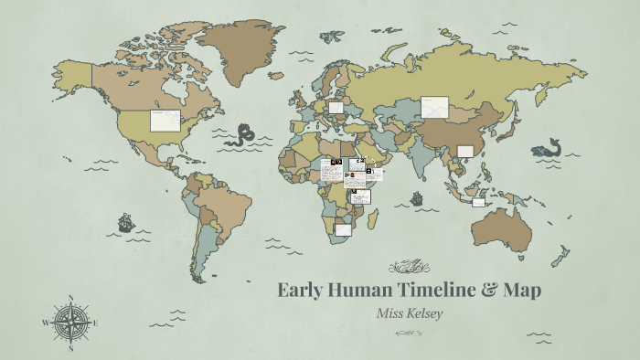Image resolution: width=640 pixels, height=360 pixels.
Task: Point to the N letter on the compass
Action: tap(71, 299)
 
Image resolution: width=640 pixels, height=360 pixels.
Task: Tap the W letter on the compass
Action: tap(46, 323)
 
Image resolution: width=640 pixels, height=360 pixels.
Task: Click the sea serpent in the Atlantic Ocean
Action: tap(242, 135)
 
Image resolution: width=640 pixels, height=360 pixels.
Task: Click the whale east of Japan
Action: tap(549, 147)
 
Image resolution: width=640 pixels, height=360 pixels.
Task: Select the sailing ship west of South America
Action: tap(125, 222)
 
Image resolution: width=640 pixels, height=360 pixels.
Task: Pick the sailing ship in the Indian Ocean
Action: tap(416, 198)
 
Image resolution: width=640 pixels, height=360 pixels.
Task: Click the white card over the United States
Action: tap(165, 121)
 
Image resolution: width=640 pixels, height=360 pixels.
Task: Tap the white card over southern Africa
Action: tap(343, 229)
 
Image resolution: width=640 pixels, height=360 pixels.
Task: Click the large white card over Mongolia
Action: tap(433, 108)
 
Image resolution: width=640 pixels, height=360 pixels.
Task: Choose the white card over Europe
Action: tap(336, 107)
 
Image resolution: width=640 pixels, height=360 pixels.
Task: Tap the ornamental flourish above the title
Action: tap(409, 268)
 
